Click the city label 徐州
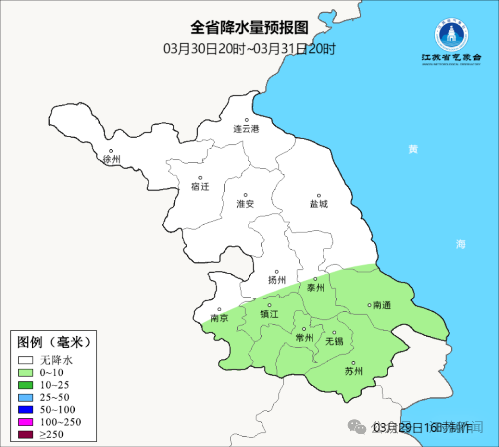click(111, 159)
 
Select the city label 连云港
click(247, 129)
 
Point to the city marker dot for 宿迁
click(200, 178)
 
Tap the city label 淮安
click(245, 203)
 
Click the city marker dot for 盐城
click(319, 195)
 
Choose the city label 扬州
click(277, 280)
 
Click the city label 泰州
click(315, 288)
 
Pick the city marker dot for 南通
click(369, 305)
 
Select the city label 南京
click(219, 318)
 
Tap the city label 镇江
click(269, 314)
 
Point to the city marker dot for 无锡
click(334, 333)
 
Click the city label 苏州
click(354, 371)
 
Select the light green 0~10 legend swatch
click(26, 372)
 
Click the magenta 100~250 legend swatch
click(26, 422)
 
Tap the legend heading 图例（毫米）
click(53, 342)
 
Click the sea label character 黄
click(413, 149)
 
